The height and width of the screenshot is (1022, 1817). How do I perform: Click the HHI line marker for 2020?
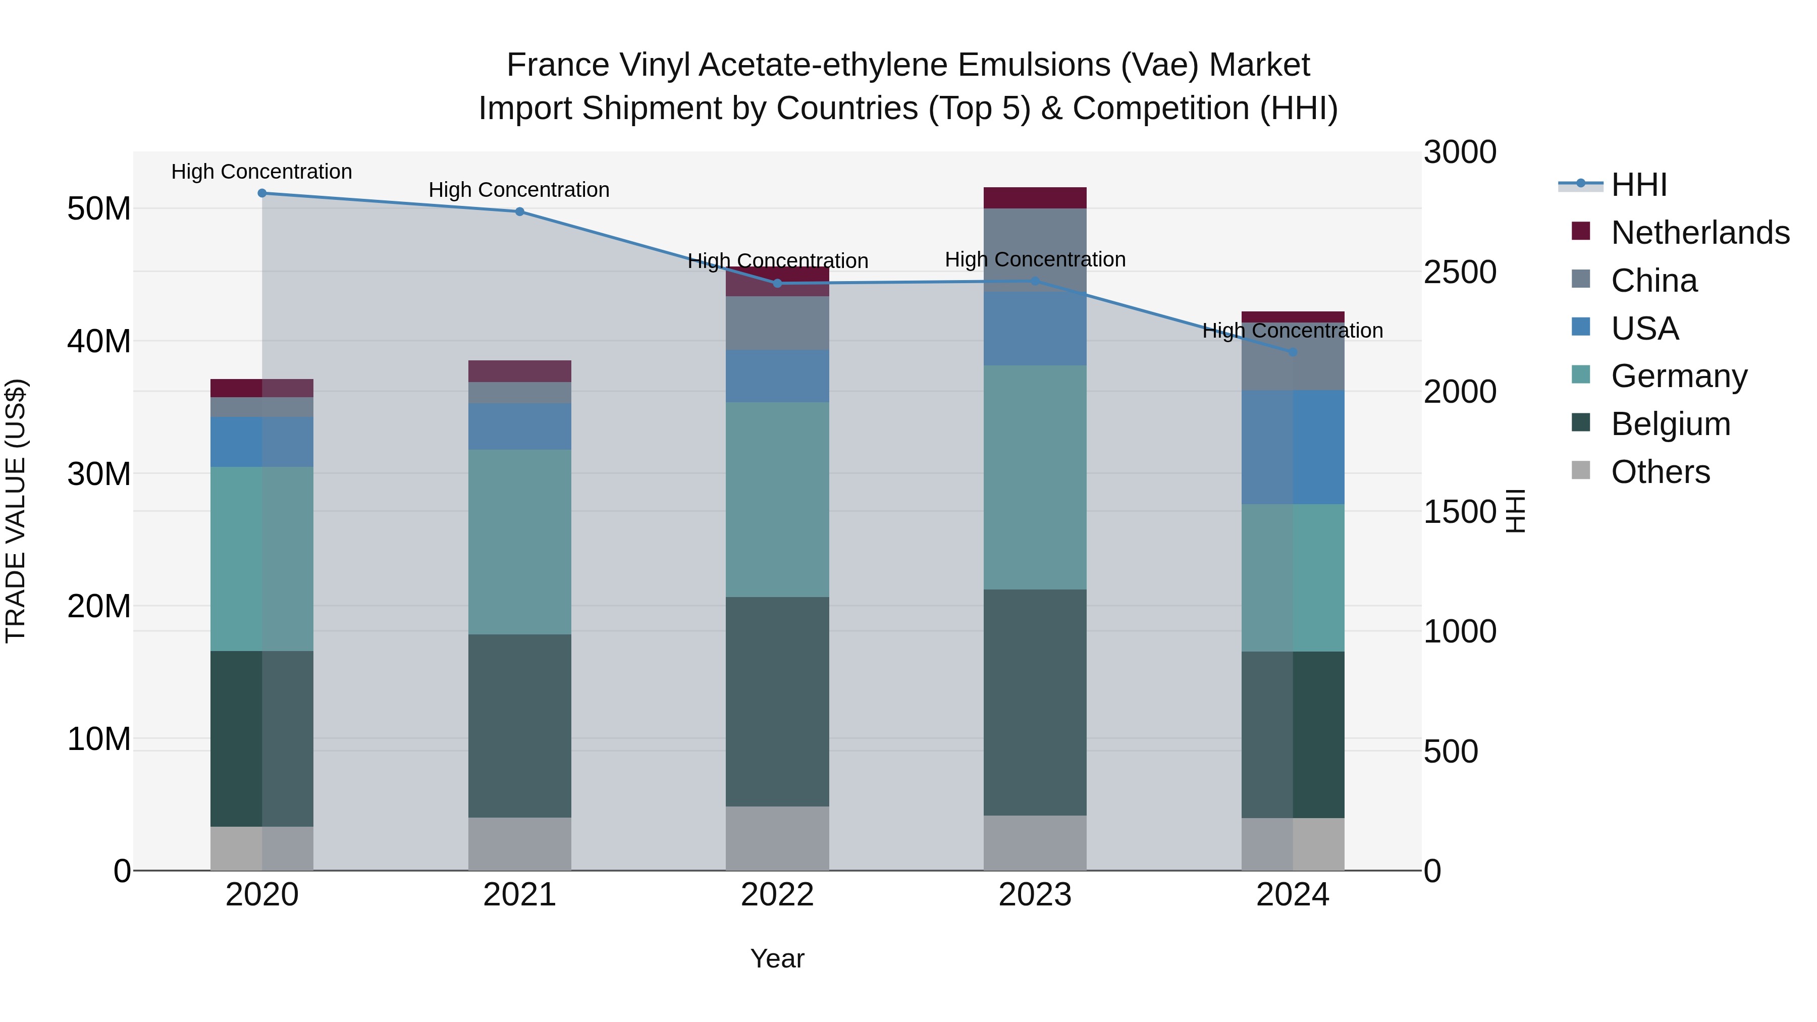[261, 193]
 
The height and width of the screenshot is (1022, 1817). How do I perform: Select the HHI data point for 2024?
[1292, 352]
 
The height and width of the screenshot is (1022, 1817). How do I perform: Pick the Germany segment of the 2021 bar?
[520, 542]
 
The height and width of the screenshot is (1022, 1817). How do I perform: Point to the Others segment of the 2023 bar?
[1035, 842]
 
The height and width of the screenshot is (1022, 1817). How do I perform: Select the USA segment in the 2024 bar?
[1292, 447]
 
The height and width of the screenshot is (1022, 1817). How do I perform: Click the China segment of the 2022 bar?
[777, 323]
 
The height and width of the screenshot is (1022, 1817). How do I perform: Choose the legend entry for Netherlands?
[1700, 233]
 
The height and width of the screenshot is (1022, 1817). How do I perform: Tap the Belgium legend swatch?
[1581, 423]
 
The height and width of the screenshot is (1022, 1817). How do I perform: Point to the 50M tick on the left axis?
[99, 209]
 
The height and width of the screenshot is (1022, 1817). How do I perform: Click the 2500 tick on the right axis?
[1459, 272]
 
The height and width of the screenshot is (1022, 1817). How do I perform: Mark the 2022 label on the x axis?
[777, 895]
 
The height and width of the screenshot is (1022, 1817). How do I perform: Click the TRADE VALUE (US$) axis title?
[16, 511]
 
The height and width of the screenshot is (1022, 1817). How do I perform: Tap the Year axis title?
[777, 958]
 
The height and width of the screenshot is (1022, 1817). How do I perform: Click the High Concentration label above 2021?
[519, 190]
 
